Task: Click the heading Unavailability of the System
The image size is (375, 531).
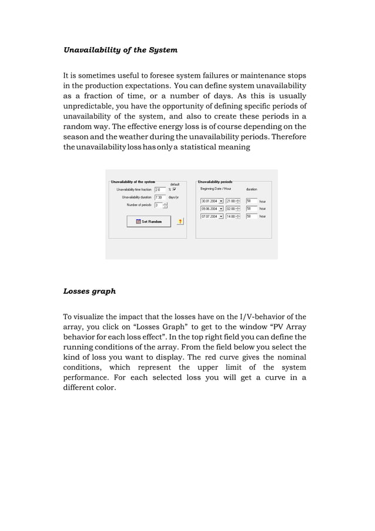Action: [120, 50]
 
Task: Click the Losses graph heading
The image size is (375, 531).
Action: [89, 291]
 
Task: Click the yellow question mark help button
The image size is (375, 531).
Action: [180, 221]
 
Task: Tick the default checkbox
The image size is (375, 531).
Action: [175, 190]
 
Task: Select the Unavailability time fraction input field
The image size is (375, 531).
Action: [159, 190]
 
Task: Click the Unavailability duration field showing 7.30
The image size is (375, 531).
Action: [159, 197]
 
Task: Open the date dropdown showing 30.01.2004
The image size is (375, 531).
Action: [220, 201]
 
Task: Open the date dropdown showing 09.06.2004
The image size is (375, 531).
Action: [220, 209]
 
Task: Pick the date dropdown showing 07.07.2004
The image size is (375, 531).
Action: [220, 217]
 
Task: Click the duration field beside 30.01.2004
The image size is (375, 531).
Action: [251, 201]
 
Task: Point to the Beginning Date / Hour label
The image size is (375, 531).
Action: [216, 189]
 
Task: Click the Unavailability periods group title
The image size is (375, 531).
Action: [215, 181]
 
